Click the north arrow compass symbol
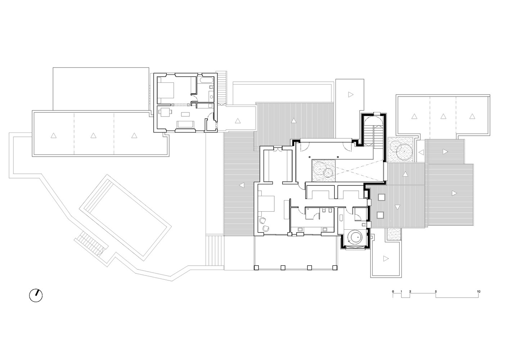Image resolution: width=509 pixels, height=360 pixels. pos(36,296)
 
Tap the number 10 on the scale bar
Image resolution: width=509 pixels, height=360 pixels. pos(478,292)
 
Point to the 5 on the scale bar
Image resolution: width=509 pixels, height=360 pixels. pos(436,292)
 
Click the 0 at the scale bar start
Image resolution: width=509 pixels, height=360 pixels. pos(393,292)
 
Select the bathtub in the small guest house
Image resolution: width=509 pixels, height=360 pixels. pos(207,80)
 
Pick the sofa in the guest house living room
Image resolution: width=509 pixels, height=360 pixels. pos(186,124)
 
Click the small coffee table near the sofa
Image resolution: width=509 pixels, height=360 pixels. pos(185,114)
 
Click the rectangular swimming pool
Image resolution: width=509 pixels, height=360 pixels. pos(125,217)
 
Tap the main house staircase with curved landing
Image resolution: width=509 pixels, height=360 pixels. pos(374,131)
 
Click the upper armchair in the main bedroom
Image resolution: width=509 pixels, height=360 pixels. pos(263,220)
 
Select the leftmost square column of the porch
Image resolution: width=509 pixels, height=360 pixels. pos(256,268)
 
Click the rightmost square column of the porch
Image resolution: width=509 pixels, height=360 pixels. pos(335,268)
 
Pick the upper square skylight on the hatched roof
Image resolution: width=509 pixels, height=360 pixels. pos(382,197)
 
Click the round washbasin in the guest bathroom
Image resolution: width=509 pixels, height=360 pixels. pos(212,96)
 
